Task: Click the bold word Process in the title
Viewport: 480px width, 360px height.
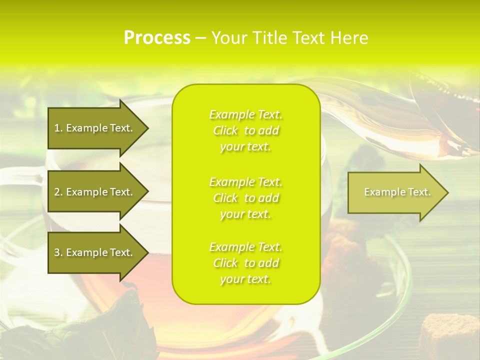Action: click(x=157, y=38)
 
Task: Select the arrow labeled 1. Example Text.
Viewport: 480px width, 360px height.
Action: click(x=95, y=128)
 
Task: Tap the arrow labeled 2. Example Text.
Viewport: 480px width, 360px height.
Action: click(x=95, y=192)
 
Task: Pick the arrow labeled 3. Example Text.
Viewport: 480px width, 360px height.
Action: click(x=95, y=252)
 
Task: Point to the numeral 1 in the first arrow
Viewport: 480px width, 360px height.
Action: click(x=57, y=128)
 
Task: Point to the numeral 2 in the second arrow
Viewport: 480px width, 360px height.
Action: click(x=57, y=192)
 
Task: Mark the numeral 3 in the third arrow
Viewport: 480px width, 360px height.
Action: click(x=57, y=252)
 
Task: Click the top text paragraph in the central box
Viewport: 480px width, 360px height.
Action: click(x=245, y=130)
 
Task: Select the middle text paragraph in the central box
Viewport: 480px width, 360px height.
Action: click(x=245, y=198)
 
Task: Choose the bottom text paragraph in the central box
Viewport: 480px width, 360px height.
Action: click(x=245, y=263)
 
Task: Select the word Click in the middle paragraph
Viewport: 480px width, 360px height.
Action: click(x=226, y=198)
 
